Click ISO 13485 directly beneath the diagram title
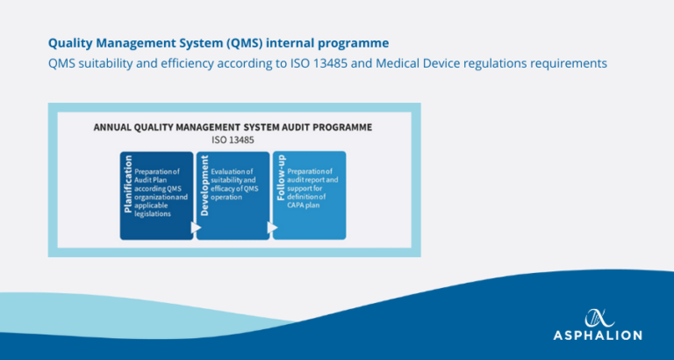coord(233,139)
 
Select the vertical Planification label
coord(127,184)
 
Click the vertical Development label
coord(204,184)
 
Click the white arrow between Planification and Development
coord(196,227)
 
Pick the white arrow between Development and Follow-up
coord(272,227)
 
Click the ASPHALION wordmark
coord(598,335)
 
